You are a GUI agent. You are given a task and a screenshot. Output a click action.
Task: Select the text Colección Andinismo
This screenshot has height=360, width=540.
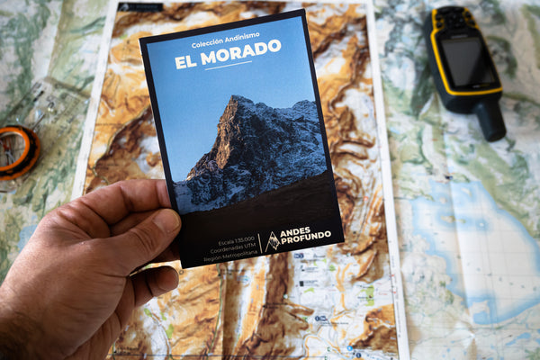(x=224, y=42)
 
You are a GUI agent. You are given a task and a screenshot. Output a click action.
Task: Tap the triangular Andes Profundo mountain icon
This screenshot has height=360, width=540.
(x=272, y=240)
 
